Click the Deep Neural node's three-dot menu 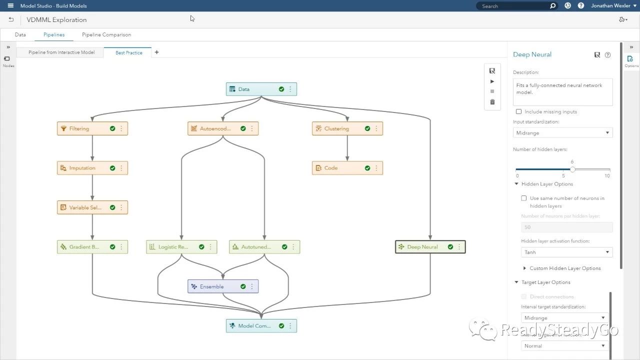[459, 247]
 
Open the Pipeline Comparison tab [106, 35]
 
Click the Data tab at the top [20, 35]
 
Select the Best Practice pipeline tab [128, 52]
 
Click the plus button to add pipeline [156, 52]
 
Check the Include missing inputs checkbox [518, 111]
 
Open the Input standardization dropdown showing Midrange [562, 133]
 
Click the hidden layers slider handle [572, 169]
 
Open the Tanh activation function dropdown [566, 252]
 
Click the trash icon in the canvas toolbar [492, 102]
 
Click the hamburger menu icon [10, 6]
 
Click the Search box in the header [515, 6]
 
